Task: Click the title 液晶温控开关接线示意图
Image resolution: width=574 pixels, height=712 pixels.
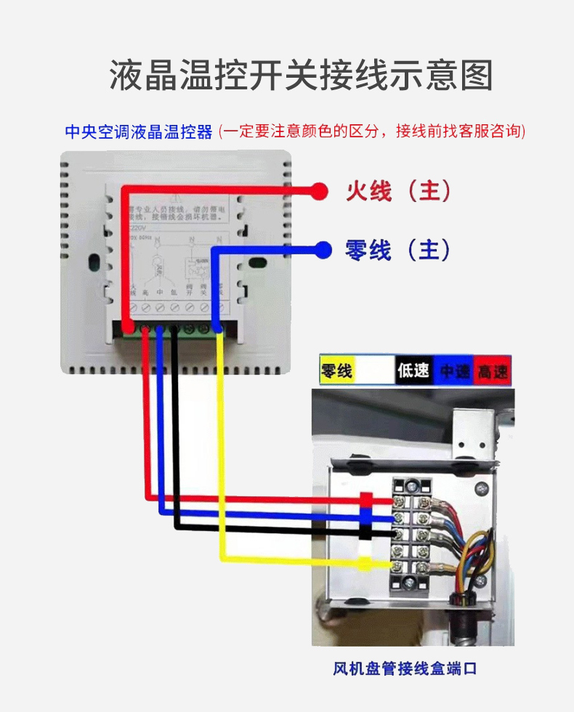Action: (302, 76)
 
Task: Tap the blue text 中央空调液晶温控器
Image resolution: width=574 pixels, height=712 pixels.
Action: (139, 132)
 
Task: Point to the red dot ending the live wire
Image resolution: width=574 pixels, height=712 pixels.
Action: (317, 191)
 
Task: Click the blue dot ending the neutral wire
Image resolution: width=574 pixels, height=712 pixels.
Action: (322, 250)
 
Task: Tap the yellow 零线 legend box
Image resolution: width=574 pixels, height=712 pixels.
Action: (337, 371)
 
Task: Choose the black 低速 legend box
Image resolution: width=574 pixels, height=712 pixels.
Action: (413, 371)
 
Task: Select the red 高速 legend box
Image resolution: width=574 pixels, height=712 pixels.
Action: (493, 371)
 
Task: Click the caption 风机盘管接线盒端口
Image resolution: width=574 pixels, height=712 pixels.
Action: (405, 668)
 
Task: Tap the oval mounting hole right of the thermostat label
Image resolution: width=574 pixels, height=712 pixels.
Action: (255, 262)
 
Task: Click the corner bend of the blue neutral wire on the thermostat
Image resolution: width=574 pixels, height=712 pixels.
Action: (214, 251)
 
